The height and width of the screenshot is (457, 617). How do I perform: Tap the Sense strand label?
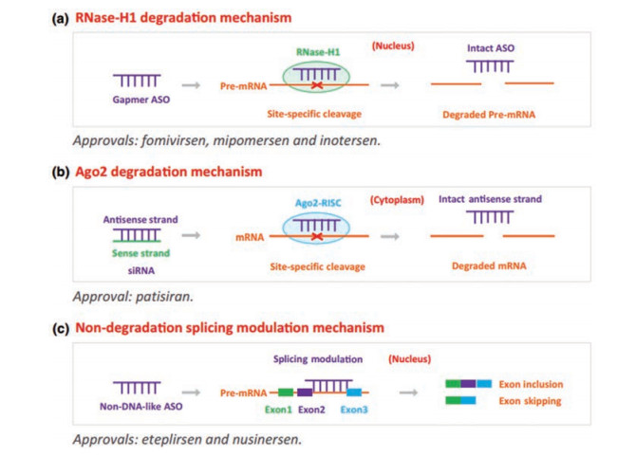click(x=136, y=251)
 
